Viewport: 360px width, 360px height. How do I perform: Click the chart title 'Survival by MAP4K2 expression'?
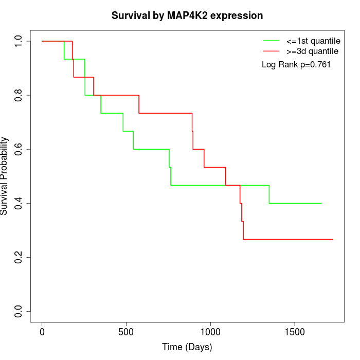[x=187, y=15]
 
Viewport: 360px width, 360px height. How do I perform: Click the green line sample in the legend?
[x=271, y=41]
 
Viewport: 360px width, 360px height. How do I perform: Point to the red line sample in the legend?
[x=271, y=51]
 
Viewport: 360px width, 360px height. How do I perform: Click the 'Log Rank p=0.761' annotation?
[x=296, y=64]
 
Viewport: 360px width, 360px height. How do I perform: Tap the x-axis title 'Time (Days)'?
[x=187, y=347]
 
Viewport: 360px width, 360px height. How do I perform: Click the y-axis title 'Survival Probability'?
[x=5, y=176]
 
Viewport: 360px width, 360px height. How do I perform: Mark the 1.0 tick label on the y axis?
[x=19, y=41]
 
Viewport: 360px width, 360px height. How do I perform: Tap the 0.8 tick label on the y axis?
[x=19, y=95]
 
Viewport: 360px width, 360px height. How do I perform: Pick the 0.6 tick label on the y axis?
[x=19, y=149]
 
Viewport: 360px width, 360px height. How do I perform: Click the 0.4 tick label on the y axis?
[x=19, y=203]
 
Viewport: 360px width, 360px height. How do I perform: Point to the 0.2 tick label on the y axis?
[x=19, y=257]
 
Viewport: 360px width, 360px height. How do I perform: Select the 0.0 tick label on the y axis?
[x=19, y=311]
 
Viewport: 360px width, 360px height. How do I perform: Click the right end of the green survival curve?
[x=321, y=203]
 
